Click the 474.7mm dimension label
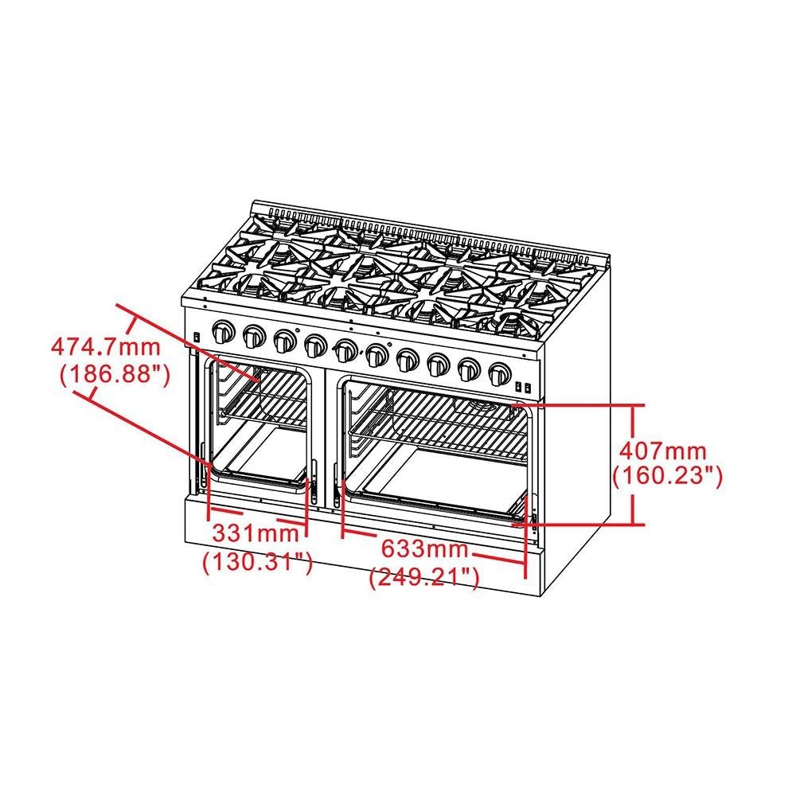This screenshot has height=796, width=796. (x=106, y=348)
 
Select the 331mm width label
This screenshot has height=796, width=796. (x=256, y=531)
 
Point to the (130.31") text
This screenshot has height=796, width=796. (x=256, y=562)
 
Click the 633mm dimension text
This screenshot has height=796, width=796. (x=423, y=548)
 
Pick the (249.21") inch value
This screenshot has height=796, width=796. (x=423, y=578)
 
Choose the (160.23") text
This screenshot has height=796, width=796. (x=667, y=476)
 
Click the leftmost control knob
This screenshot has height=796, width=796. (x=224, y=330)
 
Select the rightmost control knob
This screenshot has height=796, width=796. (x=499, y=372)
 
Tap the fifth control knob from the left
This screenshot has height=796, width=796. (x=345, y=349)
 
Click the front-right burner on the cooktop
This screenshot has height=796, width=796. (x=509, y=320)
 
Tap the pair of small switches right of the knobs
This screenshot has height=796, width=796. (x=523, y=388)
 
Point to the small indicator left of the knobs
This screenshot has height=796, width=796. (x=197, y=338)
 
